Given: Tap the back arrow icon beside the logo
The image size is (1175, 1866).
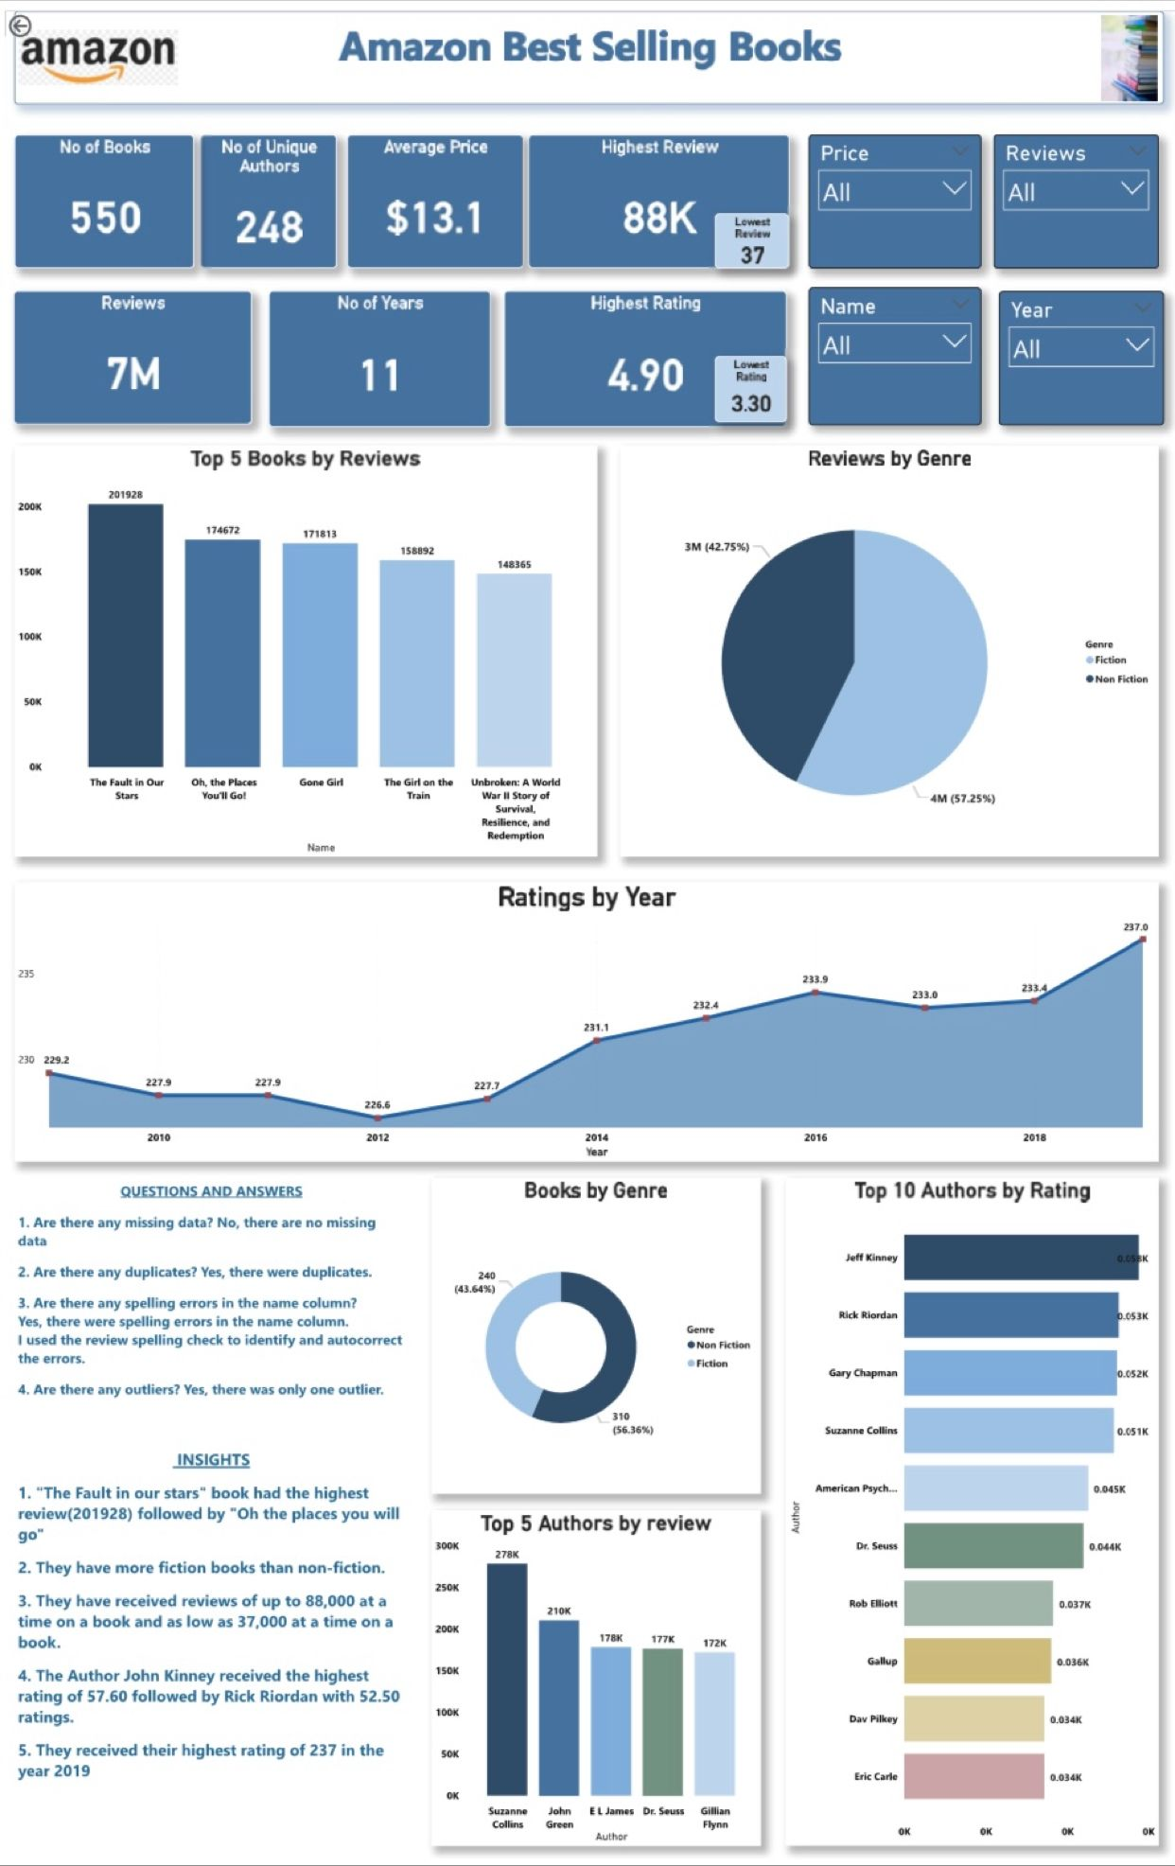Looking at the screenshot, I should coord(19,26).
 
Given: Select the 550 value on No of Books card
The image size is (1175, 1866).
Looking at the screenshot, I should coord(105,219).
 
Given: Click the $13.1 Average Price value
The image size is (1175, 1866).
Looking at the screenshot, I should coord(434,219).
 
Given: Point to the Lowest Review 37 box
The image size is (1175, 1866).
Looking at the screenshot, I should coord(752,241).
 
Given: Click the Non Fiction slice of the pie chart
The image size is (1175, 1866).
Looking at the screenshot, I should coord(785,653).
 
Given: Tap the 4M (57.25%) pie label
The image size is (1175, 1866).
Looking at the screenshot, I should coord(962,799).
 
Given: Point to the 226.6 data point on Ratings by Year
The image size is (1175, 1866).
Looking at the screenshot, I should coord(377,1117).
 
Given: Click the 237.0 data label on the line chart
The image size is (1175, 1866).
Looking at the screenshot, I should coord(1135,927).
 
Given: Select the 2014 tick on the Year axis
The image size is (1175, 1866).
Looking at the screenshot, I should coord(596,1137).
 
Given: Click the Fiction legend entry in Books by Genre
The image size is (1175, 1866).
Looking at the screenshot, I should coord(710,1364).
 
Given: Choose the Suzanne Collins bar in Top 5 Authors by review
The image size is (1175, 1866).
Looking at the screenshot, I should coord(507,1680).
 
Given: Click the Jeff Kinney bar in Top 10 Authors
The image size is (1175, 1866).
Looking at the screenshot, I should coord(1020,1258).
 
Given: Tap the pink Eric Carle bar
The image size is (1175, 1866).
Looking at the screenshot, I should coord(973,1776).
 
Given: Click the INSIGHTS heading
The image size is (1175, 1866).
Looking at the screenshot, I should coord(213,1460).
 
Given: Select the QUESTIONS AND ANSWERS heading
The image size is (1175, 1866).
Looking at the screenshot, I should coord(211,1191).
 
